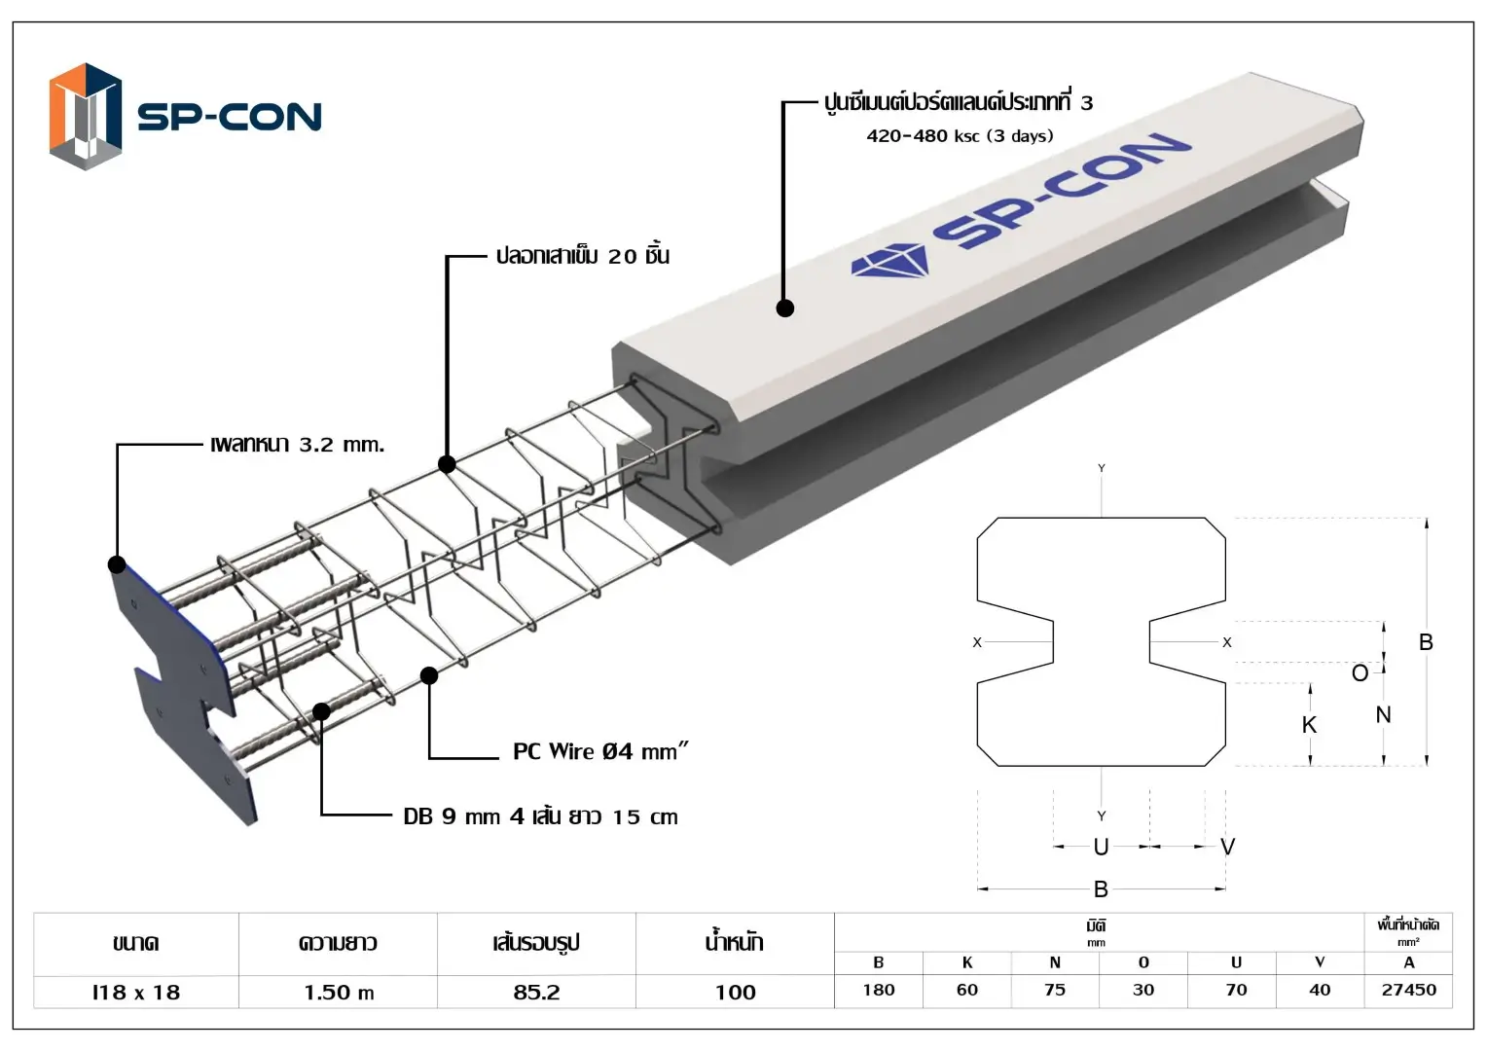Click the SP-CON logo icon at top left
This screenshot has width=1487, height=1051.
click(x=86, y=117)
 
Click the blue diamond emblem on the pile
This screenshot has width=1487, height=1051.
click(x=889, y=261)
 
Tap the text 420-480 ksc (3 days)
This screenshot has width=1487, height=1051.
click(x=960, y=136)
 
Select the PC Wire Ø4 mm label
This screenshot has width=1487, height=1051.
click(x=599, y=751)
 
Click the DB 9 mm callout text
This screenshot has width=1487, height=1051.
click(x=540, y=816)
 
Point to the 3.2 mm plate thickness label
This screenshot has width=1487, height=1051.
click(x=297, y=445)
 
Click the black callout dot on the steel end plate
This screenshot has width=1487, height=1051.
click(x=117, y=564)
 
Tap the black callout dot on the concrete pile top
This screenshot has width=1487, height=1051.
click(x=785, y=308)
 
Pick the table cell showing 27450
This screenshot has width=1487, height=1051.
click(x=1408, y=990)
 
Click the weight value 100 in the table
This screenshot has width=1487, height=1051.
click(x=735, y=993)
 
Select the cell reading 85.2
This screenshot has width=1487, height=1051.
click(x=536, y=993)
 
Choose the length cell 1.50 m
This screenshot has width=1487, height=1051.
click(x=339, y=993)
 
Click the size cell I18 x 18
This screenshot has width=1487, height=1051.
click(x=136, y=993)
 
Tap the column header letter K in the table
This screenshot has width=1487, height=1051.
click(x=967, y=962)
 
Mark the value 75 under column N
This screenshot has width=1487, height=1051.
click(x=1055, y=990)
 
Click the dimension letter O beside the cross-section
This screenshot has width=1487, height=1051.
click(x=1360, y=673)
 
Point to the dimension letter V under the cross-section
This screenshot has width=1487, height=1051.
click(x=1227, y=847)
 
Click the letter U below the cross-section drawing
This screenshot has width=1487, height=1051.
click(x=1101, y=847)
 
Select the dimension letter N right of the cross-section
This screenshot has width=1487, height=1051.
click(x=1383, y=715)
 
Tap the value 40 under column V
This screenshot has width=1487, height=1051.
click(x=1320, y=990)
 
